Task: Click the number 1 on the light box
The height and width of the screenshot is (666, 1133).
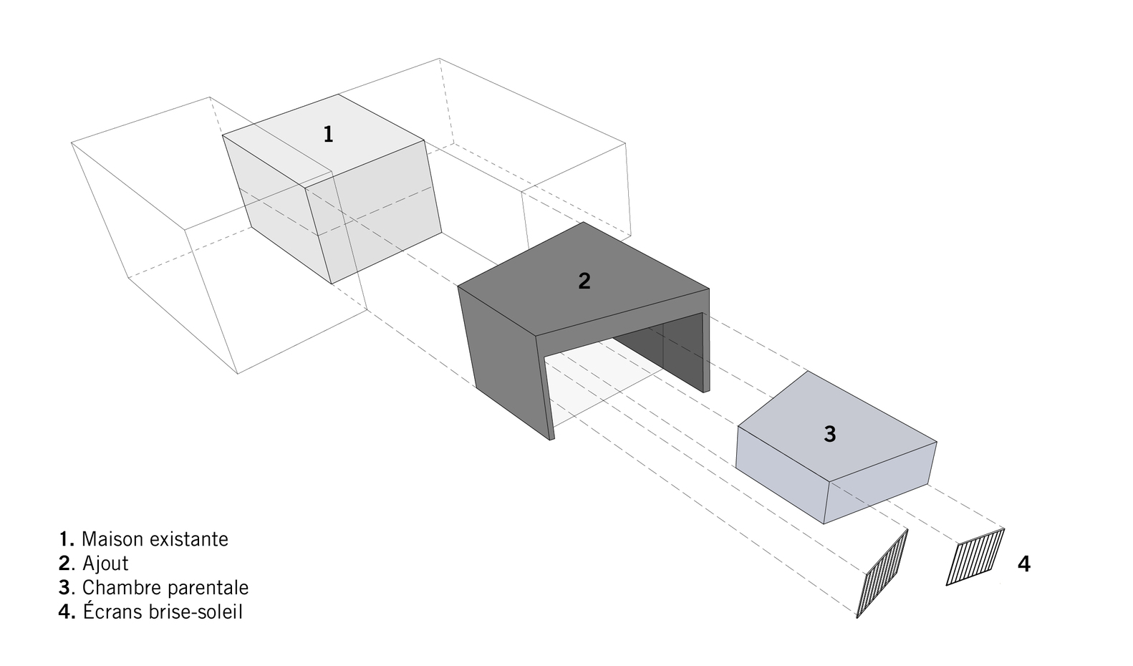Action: point(328,135)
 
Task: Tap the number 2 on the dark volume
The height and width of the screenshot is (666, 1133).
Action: point(584,281)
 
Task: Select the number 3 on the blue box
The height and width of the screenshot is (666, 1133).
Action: point(830,435)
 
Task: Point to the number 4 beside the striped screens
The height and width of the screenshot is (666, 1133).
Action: point(1024,564)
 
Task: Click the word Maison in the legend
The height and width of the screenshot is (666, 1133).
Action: point(111,539)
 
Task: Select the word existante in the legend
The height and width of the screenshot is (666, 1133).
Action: point(188,539)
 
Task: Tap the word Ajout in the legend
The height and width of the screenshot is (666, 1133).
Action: point(105,564)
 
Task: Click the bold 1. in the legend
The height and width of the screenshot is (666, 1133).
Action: point(67,539)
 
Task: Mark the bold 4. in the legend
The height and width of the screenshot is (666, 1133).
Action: point(67,612)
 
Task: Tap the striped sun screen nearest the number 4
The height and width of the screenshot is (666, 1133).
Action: point(975,556)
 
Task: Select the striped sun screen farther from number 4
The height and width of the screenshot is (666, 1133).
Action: point(882,574)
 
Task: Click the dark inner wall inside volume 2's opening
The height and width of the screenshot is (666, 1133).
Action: point(657,349)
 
